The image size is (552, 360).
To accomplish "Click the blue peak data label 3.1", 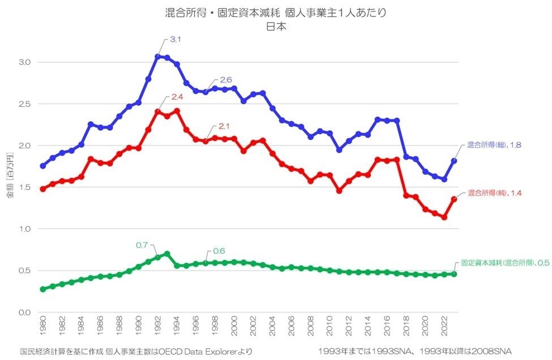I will (176, 40).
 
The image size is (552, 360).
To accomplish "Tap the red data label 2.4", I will (177, 97).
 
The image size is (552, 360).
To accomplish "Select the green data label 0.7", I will (142, 245).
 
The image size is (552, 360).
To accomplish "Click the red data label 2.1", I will (217, 126).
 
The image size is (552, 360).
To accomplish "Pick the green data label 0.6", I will (219, 251).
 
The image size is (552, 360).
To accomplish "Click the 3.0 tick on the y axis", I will (23, 62).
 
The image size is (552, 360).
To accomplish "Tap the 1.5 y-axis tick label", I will (23, 187).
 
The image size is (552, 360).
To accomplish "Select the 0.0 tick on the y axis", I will (23, 312).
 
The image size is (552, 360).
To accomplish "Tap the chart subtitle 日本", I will (275, 26).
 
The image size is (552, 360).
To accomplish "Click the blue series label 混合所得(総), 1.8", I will (494, 145).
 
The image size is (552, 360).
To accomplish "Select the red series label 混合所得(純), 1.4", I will (494, 193).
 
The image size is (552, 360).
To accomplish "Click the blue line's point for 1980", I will (43, 166).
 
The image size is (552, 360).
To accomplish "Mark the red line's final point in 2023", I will (454, 199).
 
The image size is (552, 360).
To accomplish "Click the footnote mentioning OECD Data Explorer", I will (135, 352).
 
